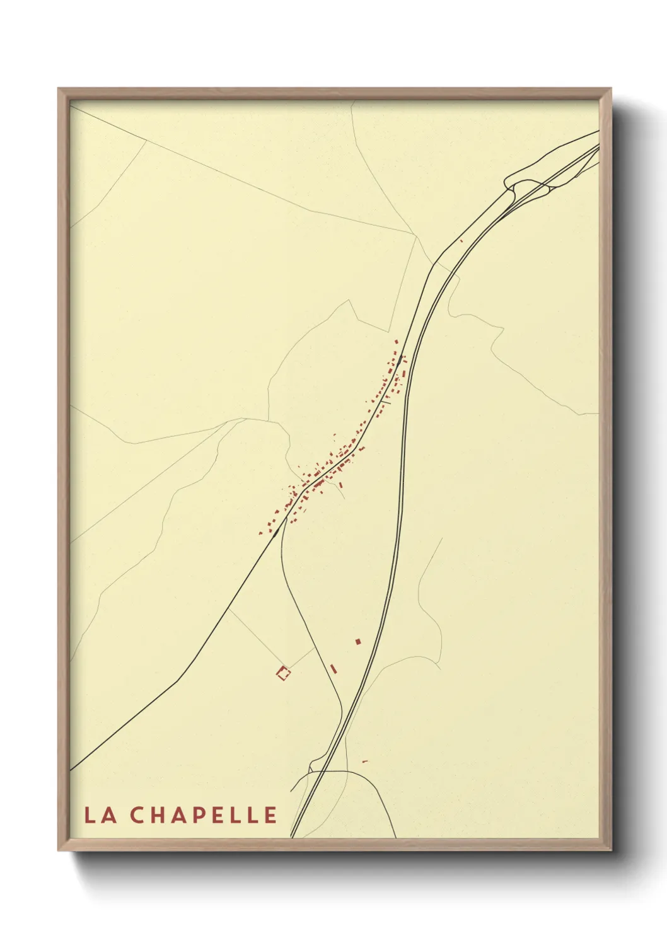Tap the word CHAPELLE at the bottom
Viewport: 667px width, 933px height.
pos(205,815)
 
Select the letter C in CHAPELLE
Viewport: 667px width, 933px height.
pos(140,815)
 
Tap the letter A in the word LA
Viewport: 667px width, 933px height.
pos(108,815)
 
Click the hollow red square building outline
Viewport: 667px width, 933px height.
pos(284,674)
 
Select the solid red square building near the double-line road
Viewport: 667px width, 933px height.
pos(358,642)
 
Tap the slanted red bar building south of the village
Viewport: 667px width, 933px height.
pos(334,669)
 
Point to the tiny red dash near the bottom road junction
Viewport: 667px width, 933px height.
pos(364,761)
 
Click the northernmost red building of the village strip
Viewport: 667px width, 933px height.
pos(397,342)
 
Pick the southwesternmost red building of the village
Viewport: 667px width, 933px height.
pos(260,533)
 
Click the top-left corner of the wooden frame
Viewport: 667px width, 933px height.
pos(59,89)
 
